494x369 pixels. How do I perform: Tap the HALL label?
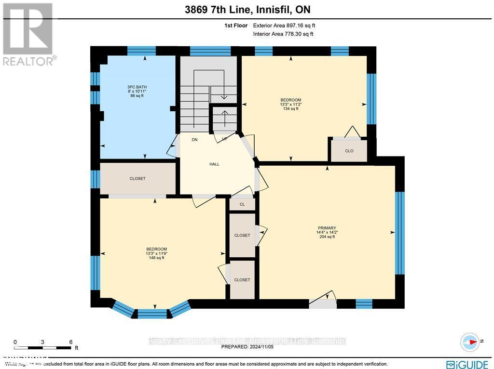[x=214, y=164]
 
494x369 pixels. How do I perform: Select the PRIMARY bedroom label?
[x=327, y=228]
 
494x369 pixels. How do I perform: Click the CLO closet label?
[x=349, y=151]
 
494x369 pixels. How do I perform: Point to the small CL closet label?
[x=242, y=204]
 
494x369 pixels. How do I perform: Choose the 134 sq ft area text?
[x=290, y=109]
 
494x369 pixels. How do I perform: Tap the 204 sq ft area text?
[x=327, y=237]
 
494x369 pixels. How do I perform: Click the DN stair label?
[x=194, y=140]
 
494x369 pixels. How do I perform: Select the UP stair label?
[x=224, y=139]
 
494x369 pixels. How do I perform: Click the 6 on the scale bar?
[x=70, y=342]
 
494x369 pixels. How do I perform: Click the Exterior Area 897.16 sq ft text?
[x=284, y=26]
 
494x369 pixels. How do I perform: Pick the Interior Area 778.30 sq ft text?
[x=283, y=34]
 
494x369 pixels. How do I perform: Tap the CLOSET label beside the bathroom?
[x=137, y=179]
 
